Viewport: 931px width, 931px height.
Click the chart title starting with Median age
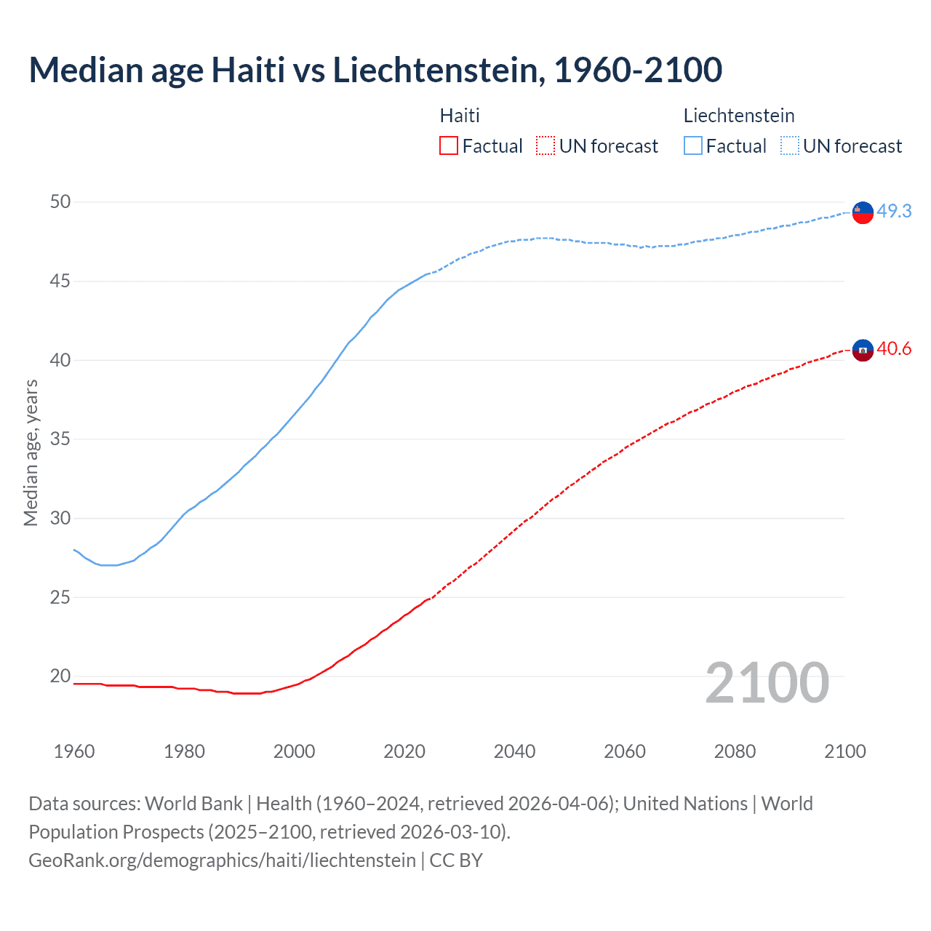375,70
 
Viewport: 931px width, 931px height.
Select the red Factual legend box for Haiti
449,146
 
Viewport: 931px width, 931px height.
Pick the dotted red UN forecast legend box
546,146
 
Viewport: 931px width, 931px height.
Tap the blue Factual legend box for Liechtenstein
693,146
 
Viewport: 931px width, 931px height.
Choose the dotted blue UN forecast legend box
790,146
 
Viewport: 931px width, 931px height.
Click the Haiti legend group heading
460,116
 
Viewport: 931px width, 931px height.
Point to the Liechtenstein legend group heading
739,116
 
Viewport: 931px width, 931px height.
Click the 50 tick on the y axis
60,201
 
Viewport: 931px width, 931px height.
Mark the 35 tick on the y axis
60,439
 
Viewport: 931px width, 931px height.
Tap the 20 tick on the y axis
60,676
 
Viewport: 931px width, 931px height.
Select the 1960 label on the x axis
74,751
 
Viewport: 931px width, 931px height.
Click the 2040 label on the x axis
514,751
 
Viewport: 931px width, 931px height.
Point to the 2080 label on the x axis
735,751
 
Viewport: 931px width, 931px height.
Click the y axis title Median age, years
31,452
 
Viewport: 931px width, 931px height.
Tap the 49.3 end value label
894,211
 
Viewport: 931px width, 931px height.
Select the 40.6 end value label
894,349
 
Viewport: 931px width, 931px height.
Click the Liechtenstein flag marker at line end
863,212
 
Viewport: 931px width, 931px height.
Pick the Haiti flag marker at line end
863,350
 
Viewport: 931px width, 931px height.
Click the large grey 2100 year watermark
767,682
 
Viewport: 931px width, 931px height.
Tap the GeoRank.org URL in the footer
222,860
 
